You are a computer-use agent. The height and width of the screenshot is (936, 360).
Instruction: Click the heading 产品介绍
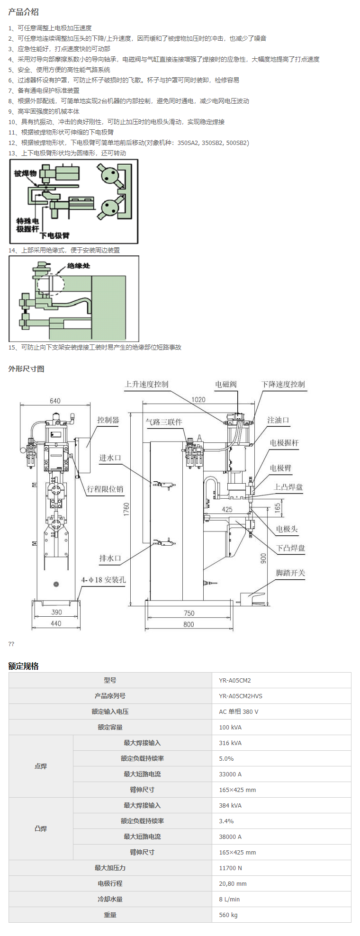[23, 12]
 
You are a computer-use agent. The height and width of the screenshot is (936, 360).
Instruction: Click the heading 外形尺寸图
[26, 369]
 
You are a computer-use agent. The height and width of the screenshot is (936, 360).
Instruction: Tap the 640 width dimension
[55, 401]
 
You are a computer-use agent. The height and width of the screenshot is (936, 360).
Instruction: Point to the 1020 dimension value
[198, 399]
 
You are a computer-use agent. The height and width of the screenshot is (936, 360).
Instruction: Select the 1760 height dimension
[126, 509]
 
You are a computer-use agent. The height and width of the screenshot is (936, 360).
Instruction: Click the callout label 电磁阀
[225, 384]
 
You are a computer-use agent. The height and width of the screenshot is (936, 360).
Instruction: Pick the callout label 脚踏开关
[290, 573]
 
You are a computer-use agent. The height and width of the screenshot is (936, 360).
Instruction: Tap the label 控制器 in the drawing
[108, 420]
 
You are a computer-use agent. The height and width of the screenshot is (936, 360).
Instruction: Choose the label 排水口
[110, 558]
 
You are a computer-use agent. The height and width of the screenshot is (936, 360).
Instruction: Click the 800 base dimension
[189, 624]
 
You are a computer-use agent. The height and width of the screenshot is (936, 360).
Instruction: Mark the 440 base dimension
[56, 623]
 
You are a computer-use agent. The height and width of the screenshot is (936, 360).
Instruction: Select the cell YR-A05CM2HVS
[241, 696]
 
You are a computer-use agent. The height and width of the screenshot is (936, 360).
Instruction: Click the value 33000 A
[230, 774]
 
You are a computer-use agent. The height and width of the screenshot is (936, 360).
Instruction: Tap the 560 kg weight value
[228, 915]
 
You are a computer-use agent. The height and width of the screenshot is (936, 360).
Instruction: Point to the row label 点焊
[41, 766]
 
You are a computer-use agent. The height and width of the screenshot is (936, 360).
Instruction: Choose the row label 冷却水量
[110, 899]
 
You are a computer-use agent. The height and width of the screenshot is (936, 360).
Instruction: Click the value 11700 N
[230, 868]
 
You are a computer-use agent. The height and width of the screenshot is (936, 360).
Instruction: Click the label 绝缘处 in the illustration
[78, 266]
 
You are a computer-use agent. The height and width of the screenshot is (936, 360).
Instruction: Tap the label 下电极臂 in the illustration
[54, 235]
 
